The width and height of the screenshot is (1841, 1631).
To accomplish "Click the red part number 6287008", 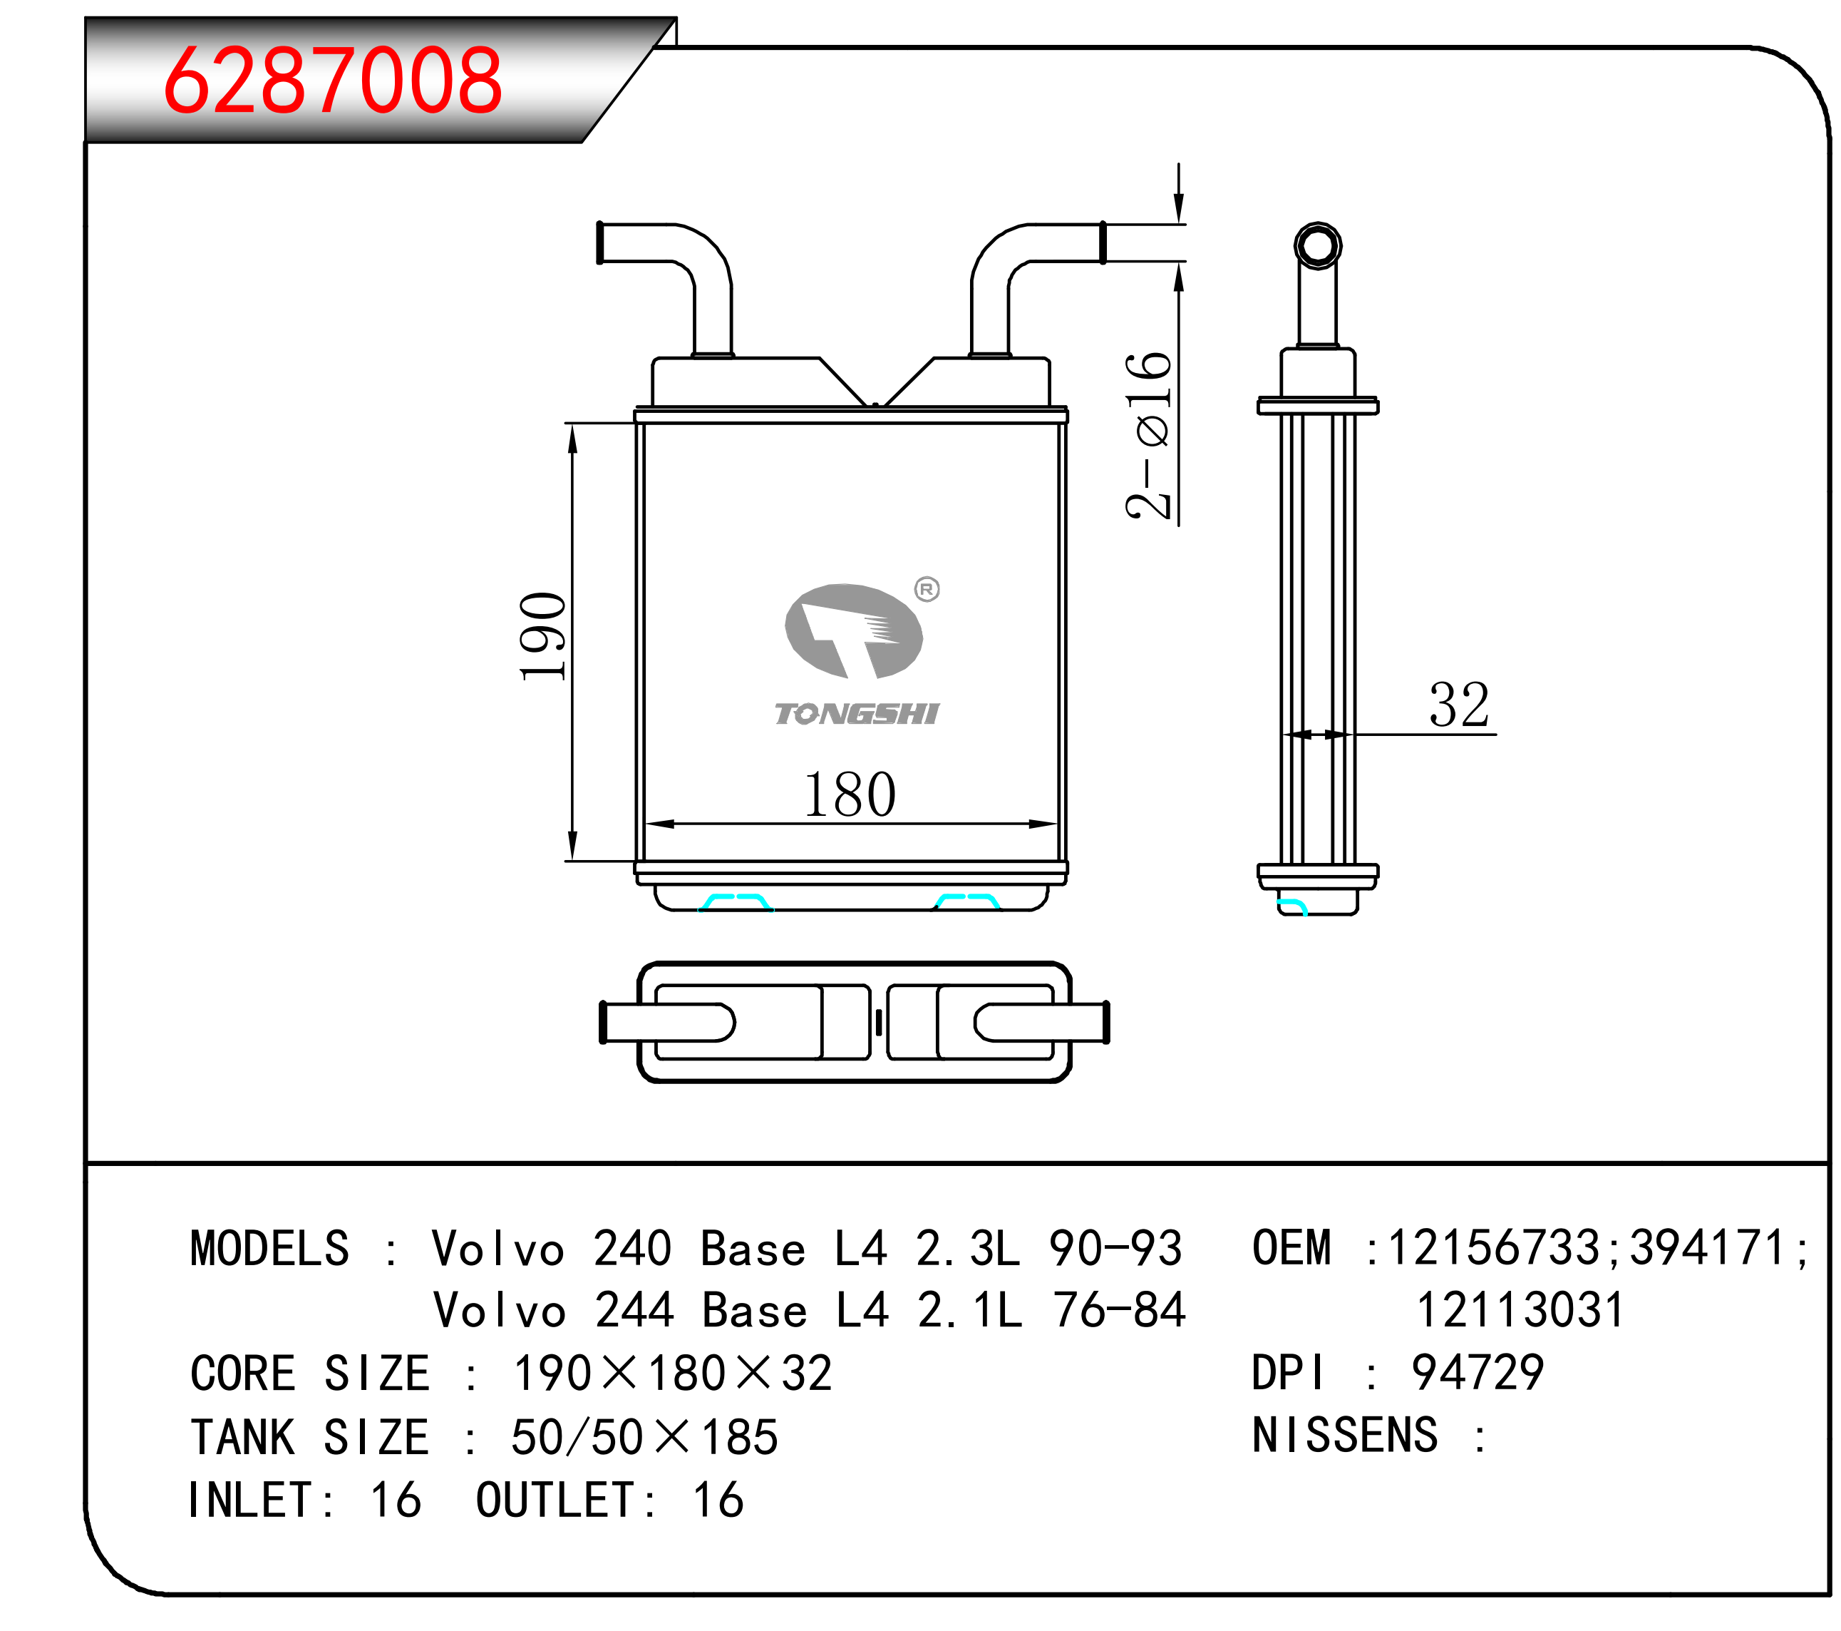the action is pyautogui.click(x=332, y=81).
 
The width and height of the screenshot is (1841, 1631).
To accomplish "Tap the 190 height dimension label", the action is pyautogui.click(x=543, y=636).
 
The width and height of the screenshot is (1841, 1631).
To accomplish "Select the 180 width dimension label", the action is pyautogui.click(x=850, y=794).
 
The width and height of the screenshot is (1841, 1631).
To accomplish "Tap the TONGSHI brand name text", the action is pyautogui.click(x=857, y=714).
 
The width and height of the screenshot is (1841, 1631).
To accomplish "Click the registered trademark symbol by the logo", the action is pyautogui.click(x=927, y=589).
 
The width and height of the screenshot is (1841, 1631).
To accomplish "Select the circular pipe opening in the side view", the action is pyautogui.click(x=1318, y=245).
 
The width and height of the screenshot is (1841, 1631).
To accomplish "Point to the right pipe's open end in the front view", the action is pyautogui.click(x=1103, y=242).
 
